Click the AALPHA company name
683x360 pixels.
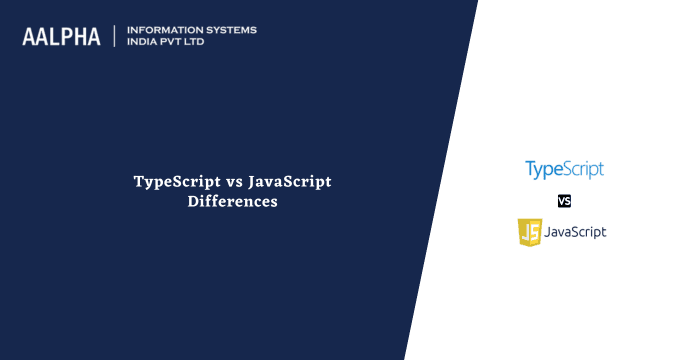click(61, 36)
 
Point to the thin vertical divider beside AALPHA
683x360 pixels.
click(115, 36)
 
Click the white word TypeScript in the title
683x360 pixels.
click(172, 182)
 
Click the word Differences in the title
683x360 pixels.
click(232, 201)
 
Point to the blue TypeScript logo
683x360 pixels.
click(565, 169)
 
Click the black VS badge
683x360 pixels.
click(564, 201)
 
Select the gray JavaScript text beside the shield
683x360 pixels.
click(576, 232)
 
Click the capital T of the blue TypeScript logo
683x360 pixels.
click(531, 168)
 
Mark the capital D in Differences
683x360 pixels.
click(192, 201)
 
